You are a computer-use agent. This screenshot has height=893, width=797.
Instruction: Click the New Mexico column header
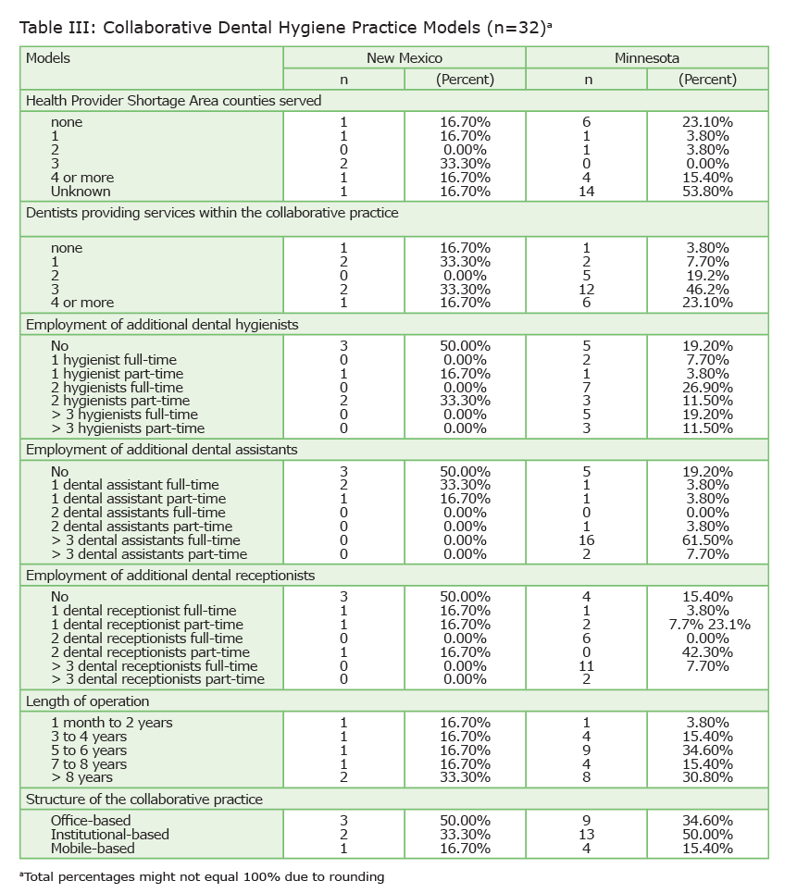[404, 58]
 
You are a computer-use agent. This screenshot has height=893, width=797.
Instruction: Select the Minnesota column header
[646, 58]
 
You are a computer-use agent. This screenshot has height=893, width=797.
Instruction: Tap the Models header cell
[48, 58]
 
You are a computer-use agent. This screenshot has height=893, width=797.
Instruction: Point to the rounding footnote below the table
[201, 876]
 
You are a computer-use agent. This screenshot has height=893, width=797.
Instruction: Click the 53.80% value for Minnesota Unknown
[707, 192]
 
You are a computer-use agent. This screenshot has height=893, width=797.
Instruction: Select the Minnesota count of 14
[586, 192]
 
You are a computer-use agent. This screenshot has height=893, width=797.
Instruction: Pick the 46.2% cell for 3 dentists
[707, 289]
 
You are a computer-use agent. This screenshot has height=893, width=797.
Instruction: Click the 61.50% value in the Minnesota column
[707, 540]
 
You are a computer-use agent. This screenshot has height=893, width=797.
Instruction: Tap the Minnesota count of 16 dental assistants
[586, 540]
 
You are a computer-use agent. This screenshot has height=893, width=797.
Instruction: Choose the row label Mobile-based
[93, 849]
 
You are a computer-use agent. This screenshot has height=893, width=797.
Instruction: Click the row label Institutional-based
[110, 835]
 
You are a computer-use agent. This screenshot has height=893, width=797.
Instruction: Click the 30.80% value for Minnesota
[707, 778]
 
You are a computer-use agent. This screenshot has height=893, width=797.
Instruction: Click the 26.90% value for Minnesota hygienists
[707, 387]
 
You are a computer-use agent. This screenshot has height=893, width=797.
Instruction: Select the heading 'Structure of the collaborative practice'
[143, 800]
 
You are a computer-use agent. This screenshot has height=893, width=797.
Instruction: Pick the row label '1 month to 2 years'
[111, 723]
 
